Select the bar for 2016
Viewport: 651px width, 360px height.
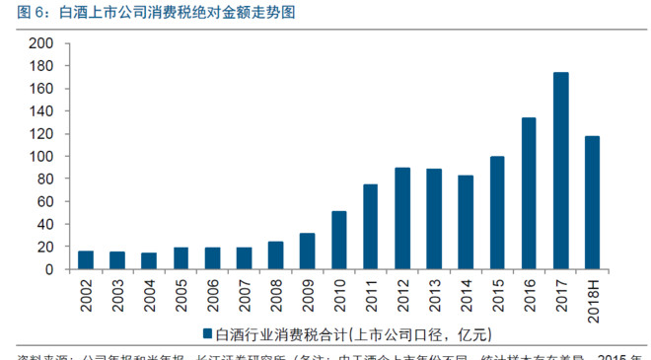(x=529, y=193)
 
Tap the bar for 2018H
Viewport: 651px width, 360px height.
(x=592, y=202)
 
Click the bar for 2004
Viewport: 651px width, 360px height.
(x=149, y=260)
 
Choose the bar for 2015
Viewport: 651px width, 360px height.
(x=497, y=212)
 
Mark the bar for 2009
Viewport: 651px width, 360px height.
(x=308, y=251)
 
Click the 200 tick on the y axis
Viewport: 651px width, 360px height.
(x=40, y=44)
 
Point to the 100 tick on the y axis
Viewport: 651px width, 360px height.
(x=40, y=157)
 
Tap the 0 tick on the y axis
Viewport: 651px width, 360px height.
(x=48, y=269)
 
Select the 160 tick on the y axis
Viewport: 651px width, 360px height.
(x=40, y=89)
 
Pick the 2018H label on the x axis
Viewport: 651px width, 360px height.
(x=592, y=295)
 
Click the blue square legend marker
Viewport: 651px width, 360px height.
(x=209, y=332)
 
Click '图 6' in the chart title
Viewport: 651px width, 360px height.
(x=22, y=13)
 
